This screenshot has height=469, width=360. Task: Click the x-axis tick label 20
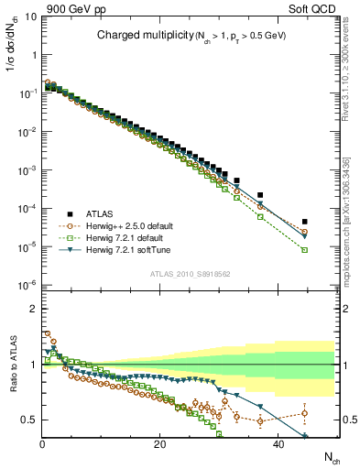(x=159, y=444)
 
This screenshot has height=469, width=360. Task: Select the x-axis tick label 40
(x=276, y=444)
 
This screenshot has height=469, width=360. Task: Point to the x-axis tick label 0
(x=42, y=444)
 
